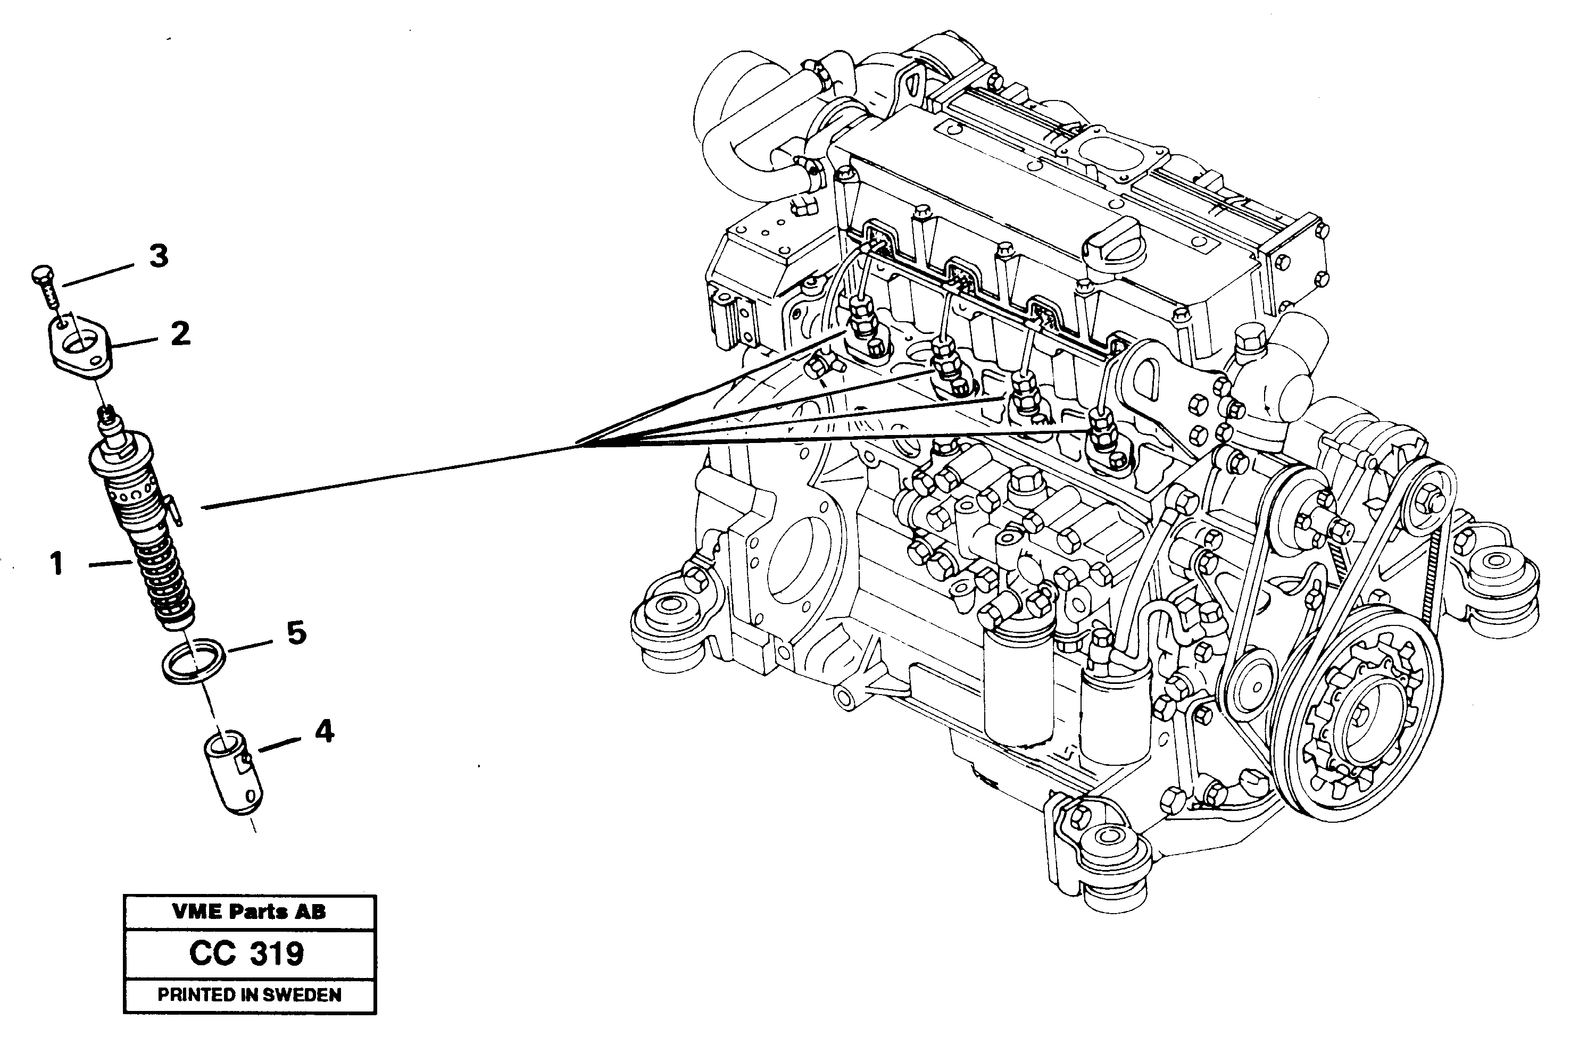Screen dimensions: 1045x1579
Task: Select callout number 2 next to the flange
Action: click(180, 334)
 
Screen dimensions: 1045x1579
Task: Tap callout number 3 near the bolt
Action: click(158, 256)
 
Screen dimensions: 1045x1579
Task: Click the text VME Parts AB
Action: click(250, 912)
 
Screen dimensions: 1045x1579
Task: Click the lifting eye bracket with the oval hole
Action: click(1158, 377)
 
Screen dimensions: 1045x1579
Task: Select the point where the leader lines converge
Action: click(578, 445)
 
